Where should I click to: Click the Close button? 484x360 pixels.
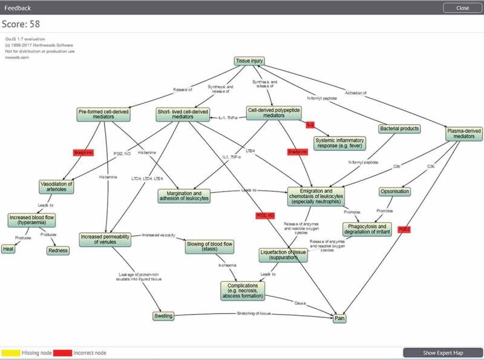tap(462, 8)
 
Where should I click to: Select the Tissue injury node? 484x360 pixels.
tap(249, 61)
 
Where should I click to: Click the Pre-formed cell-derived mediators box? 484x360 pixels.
tap(104, 114)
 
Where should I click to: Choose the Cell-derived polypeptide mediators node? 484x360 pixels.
tap(273, 113)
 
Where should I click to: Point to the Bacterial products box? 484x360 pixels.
tap(399, 129)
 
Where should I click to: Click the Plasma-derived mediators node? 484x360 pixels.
tap(463, 134)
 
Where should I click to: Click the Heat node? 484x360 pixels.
tap(8, 249)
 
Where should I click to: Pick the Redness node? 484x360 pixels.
tap(58, 250)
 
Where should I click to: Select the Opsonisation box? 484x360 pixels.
tap(395, 192)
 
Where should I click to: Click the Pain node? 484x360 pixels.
tap(340, 318)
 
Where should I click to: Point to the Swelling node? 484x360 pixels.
tap(163, 316)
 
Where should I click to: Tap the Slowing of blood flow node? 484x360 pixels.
tap(209, 247)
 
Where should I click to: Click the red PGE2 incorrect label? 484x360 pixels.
tap(404, 230)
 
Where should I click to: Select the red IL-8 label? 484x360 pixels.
tap(310, 125)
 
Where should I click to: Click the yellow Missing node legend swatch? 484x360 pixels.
tap(10, 352)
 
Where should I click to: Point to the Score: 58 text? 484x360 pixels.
tap(21, 23)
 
